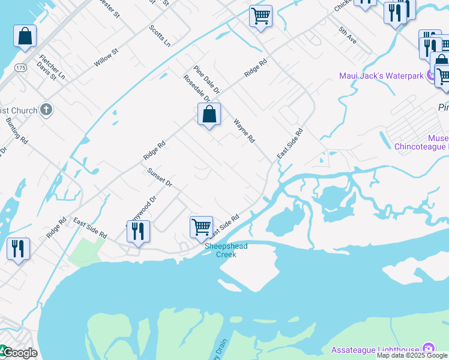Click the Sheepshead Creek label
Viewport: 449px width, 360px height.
[226, 250]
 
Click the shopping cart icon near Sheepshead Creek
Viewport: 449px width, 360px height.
[201, 227]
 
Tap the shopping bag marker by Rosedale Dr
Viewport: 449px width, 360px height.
[209, 114]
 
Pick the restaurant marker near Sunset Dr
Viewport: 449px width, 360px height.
[138, 232]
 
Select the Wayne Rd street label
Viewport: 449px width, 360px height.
[244, 130]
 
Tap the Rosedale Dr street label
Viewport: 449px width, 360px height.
[197, 88]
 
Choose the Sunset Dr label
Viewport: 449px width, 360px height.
[160, 178]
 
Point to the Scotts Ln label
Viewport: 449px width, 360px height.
[160, 36]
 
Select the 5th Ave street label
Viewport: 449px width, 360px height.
[348, 36]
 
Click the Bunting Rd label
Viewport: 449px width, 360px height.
[17, 131]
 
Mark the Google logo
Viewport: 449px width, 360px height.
[19, 353]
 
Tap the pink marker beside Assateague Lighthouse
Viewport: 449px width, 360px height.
[428, 349]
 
